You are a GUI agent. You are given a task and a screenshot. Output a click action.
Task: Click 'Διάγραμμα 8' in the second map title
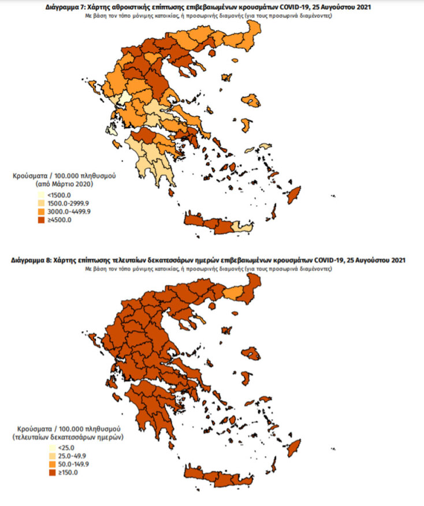(x=31, y=261)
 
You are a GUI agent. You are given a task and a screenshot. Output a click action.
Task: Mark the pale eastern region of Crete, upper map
(x=246, y=229)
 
